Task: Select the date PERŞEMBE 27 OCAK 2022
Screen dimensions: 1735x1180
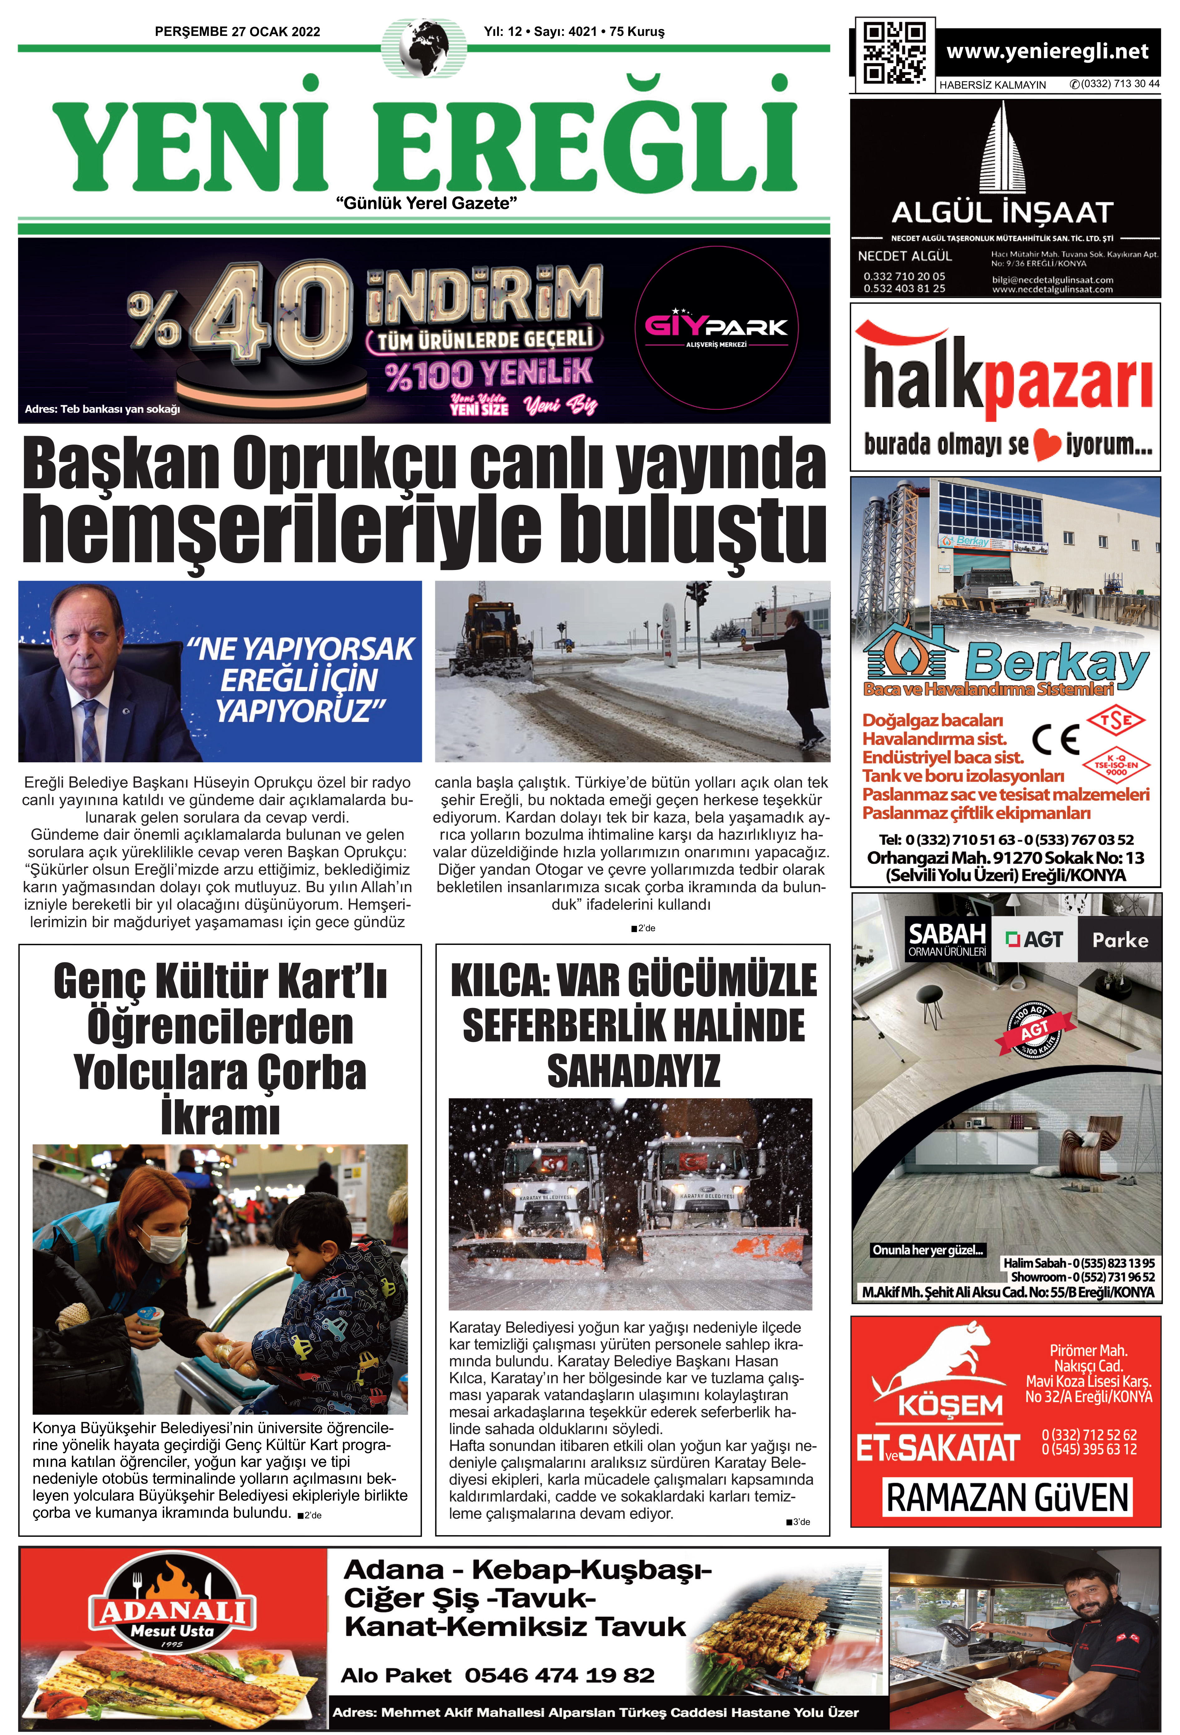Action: pos(238,31)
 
